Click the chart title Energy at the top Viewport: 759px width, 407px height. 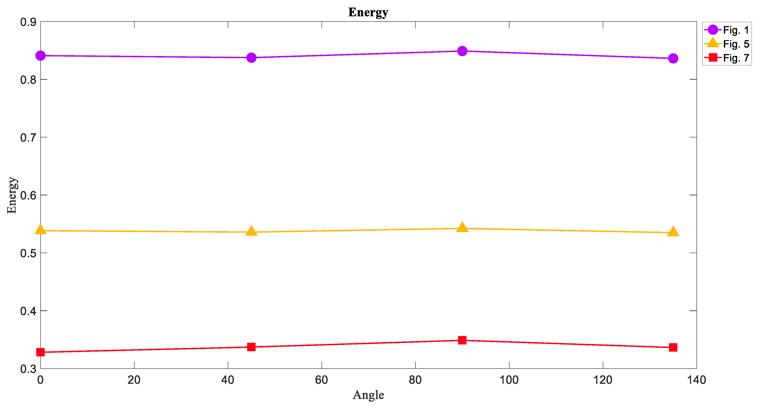[x=368, y=12]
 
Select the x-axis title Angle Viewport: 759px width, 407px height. [x=368, y=395]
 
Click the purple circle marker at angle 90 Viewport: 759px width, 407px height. [x=462, y=51]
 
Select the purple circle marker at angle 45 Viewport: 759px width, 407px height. [x=251, y=58]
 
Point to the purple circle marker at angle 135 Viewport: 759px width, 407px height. [x=673, y=58]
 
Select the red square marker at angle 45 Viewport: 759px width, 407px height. [x=251, y=347]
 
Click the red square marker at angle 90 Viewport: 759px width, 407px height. [x=462, y=340]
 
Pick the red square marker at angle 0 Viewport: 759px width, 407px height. [x=41, y=352]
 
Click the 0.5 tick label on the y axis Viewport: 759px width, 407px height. [x=28, y=253]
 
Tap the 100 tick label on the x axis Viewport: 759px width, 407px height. [x=509, y=380]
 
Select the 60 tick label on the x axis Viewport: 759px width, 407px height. [x=321, y=380]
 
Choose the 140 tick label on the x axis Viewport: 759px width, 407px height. [x=697, y=380]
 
